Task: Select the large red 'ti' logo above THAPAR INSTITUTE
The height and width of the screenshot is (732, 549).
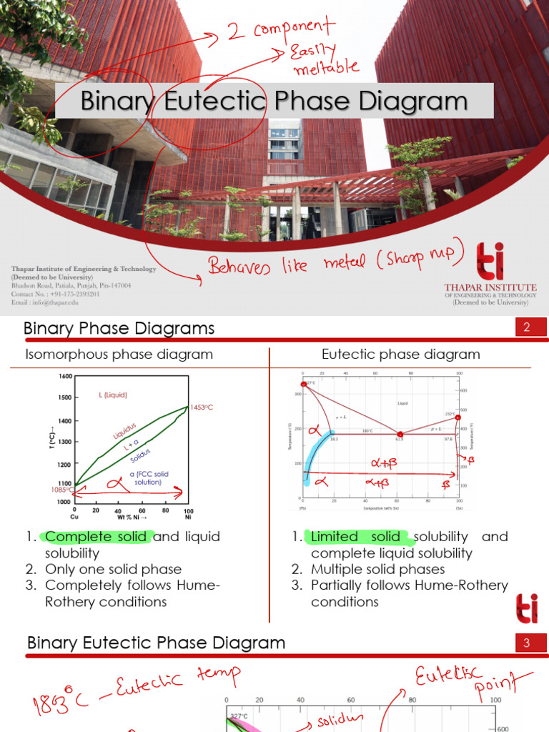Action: point(490,259)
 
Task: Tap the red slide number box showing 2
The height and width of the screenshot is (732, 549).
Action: point(525,328)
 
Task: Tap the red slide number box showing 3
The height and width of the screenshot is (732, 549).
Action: point(525,643)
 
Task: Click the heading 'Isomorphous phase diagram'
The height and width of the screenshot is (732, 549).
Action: point(119,355)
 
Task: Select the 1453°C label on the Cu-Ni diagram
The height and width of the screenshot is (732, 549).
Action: point(202,407)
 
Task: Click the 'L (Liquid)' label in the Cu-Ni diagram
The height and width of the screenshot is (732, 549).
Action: point(113,395)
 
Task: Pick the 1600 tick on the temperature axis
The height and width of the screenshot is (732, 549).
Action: point(65,376)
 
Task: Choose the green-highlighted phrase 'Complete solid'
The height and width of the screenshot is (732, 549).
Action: point(96,537)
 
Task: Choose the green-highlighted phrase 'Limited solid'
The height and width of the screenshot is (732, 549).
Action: point(357,537)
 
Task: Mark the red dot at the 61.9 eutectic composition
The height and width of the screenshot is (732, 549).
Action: point(400,434)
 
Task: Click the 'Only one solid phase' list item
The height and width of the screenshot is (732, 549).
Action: point(113,569)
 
